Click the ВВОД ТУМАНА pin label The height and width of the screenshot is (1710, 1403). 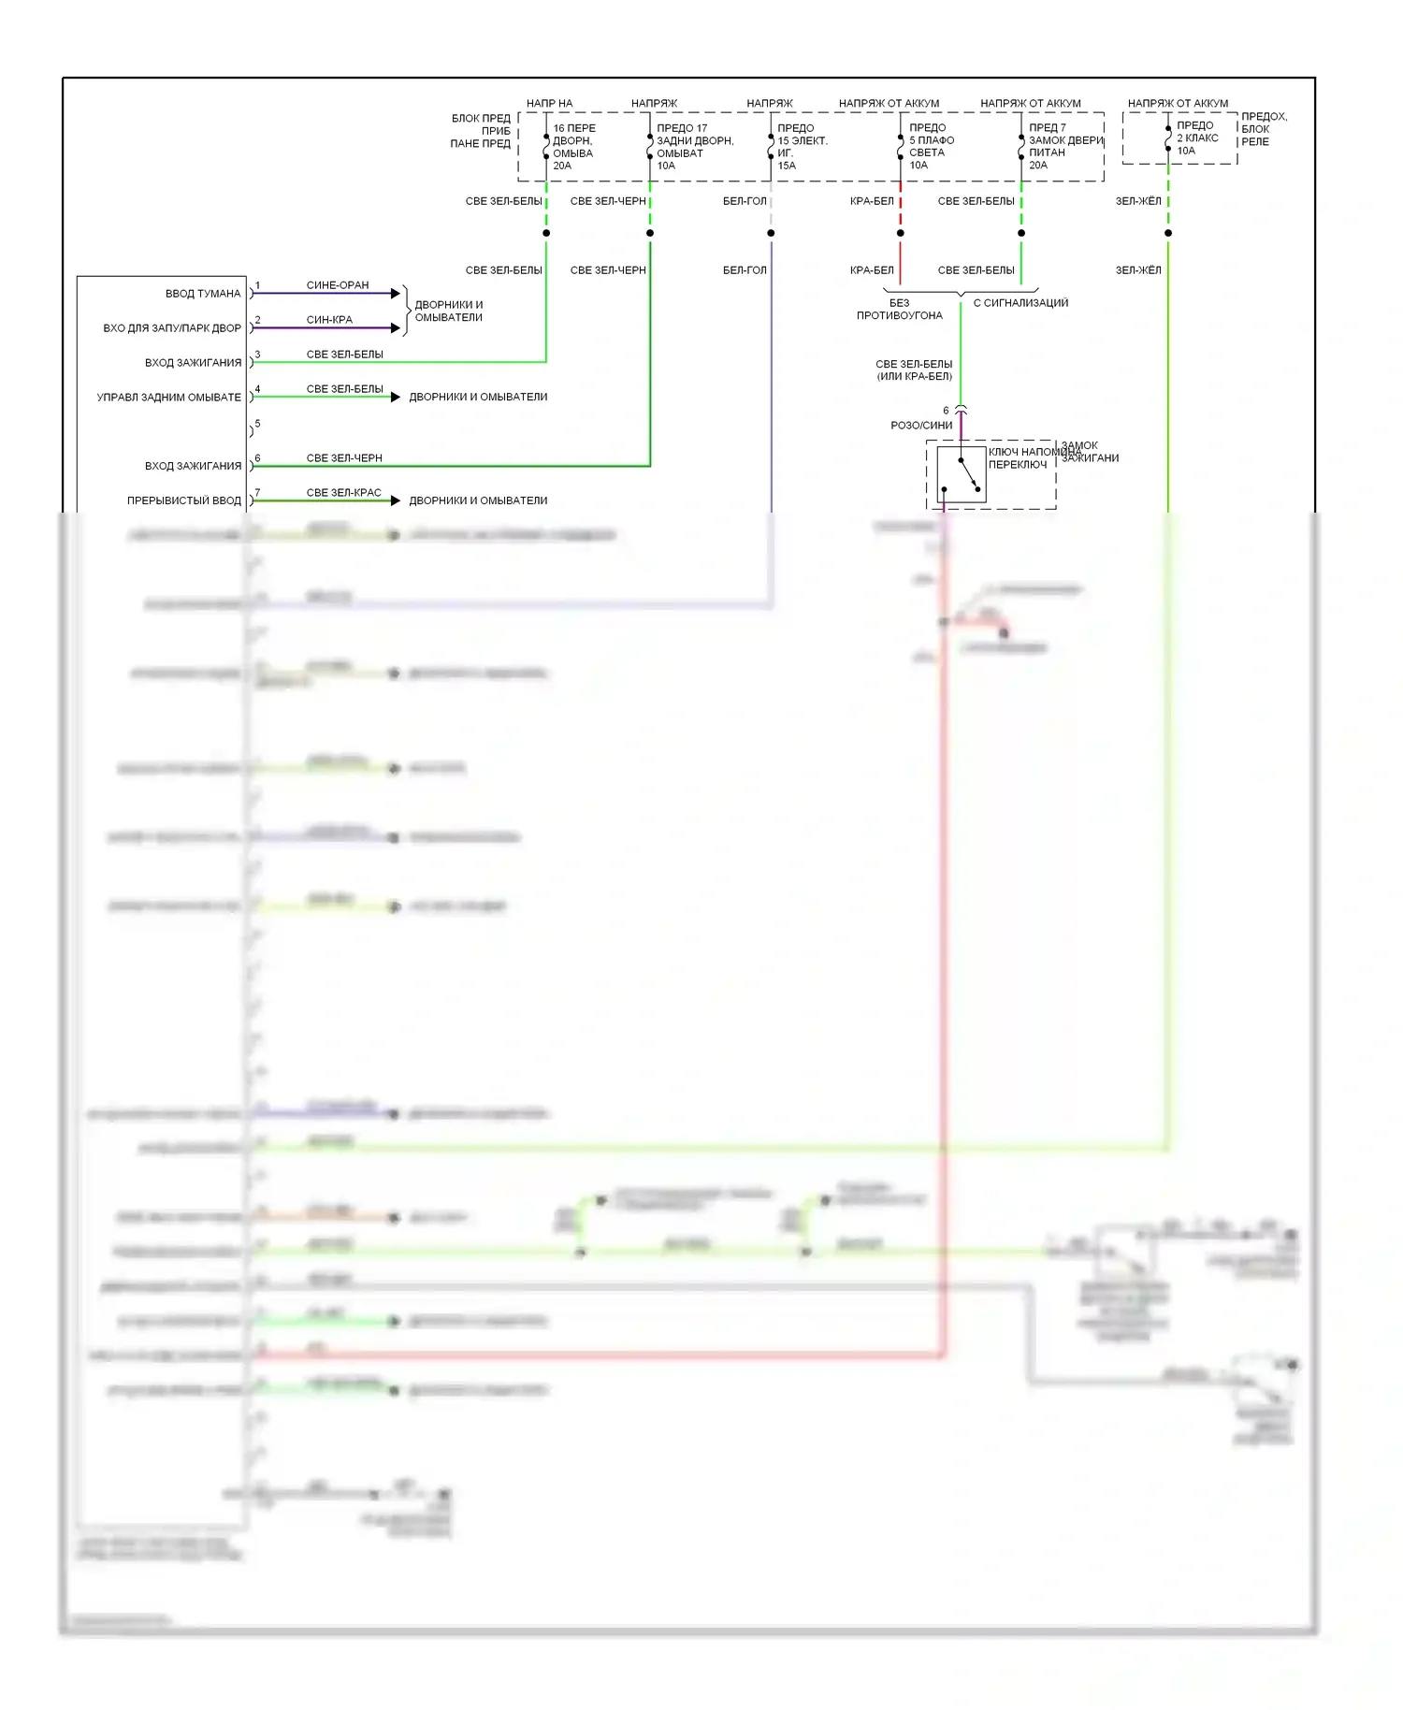coord(203,294)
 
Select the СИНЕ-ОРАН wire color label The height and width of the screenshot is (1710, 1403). coord(338,285)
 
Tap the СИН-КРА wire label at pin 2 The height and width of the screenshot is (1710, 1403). coord(329,320)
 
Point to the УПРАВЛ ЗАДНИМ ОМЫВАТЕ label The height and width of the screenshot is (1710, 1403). coord(169,398)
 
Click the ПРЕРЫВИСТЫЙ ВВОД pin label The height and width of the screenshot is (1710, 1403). coord(184,500)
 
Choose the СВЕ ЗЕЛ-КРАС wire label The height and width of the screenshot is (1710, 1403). coord(344,493)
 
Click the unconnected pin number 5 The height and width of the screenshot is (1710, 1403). coord(257,424)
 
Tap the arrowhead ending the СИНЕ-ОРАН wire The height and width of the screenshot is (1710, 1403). coord(396,294)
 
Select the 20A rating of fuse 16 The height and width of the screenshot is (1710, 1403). coord(562,166)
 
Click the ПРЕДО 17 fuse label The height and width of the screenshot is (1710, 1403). coord(682,128)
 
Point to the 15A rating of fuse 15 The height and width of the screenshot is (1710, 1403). coord(787,166)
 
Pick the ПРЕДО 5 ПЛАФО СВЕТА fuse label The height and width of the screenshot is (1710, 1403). coord(932,140)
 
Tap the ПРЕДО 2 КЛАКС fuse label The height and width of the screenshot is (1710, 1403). coord(1197,132)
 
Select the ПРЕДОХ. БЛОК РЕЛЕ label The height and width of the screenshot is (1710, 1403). coord(1264,129)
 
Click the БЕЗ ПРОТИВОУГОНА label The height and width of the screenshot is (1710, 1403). coord(900,310)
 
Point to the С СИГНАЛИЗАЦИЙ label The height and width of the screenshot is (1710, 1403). coord(1020,303)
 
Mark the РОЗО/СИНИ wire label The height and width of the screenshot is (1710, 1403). coord(921,426)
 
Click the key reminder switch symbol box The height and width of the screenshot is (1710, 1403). coord(962,475)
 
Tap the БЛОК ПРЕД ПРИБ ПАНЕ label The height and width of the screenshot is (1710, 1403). coord(481,131)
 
